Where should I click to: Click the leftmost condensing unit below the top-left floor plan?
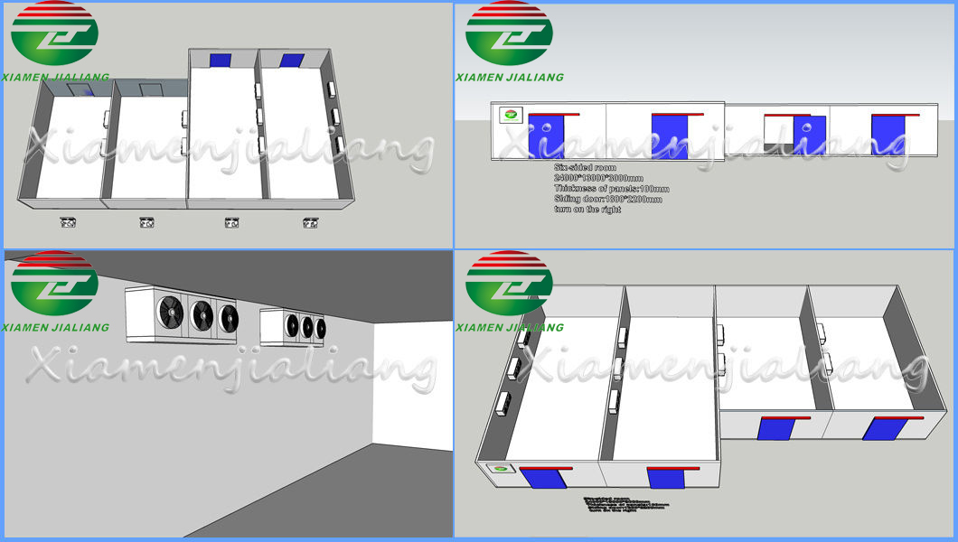click(x=67, y=221)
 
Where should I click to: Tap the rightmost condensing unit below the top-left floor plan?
click(x=311, y=222)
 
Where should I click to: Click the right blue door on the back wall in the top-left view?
click(x=292, y=61)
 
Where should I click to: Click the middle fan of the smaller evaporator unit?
click(x=305, y=324)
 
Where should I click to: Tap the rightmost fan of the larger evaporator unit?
click(x=228, y=317)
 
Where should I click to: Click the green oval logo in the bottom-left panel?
click(x=54, y=285)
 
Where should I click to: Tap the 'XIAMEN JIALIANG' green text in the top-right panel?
click(x=510, y=78)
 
